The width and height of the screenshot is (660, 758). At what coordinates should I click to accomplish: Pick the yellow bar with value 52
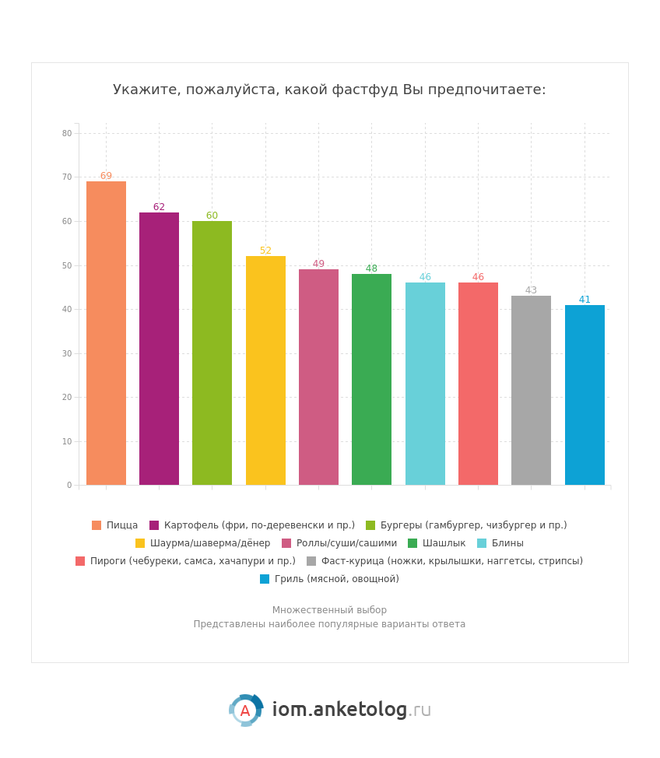[x=265, y=370]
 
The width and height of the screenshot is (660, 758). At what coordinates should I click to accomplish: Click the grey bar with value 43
[x=531, y=390]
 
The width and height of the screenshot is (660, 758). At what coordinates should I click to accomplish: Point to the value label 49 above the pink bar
[x=318, y=265]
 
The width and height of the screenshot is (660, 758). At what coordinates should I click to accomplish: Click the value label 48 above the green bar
[x=371, y=268]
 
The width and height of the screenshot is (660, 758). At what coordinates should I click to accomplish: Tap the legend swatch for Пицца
[x=97, y=525]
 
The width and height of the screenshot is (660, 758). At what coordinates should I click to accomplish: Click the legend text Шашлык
[x=444, y=543]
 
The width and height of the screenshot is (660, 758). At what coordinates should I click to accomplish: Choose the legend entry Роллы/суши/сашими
[x=346, y=543]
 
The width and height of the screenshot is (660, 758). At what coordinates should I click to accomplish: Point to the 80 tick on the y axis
[x=67, y=133]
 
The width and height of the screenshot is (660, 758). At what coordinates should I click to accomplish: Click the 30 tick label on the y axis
[x=67, y=353]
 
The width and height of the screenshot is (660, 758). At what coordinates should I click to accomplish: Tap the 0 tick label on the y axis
[x=69, y=486]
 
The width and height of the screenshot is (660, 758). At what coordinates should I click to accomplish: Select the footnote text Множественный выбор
[x=329, y=610]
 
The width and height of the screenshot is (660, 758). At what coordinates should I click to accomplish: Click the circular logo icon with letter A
[x=245, y=711]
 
